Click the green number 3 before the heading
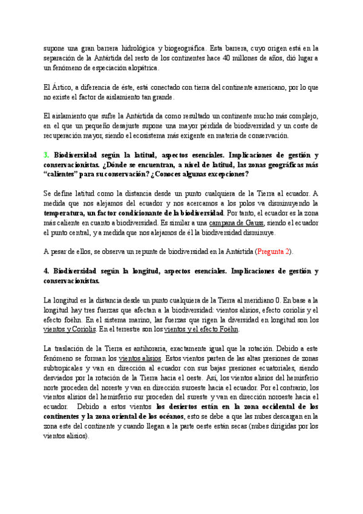(46, 155)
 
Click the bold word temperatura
(67, 213)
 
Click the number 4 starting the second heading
(46, 270)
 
